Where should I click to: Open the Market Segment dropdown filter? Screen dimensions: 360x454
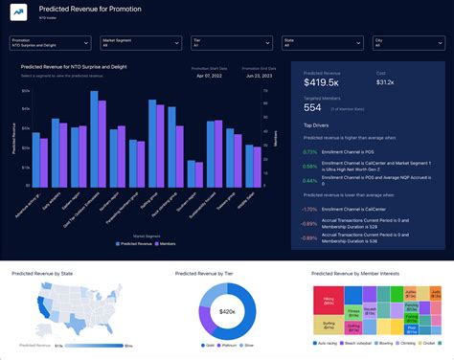point(141,44)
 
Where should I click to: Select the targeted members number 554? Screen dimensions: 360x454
point(313,108)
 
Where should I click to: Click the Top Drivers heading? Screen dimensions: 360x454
point(316,125)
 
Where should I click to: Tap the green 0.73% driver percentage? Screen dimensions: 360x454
point(310,151)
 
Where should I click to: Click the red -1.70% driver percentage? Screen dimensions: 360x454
point(310,208)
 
